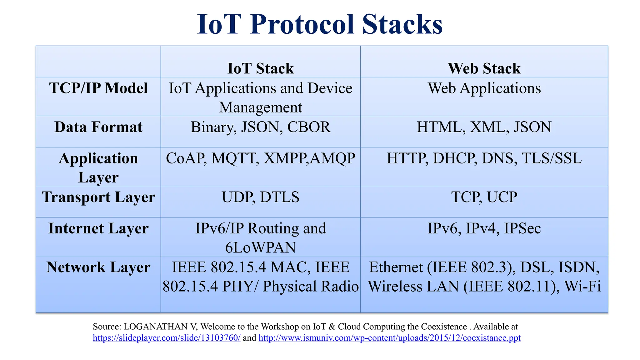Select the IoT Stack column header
tap(260, 68)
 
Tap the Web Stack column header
tap(484, 68)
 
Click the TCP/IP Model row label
tap(98, 88)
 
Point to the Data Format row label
tap(98, 127)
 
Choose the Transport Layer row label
tap(98, 197)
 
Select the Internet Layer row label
tap(98, 228)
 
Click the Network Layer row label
tap(98, 267)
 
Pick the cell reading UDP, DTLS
tap(260, 197)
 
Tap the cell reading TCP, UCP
tap(484, 197)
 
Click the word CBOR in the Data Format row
tap(309, 127)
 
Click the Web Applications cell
tap(484, 88)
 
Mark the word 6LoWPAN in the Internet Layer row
tap(260, 247)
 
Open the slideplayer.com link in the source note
tap(167, 338)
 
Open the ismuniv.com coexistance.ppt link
tap(389, 338)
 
